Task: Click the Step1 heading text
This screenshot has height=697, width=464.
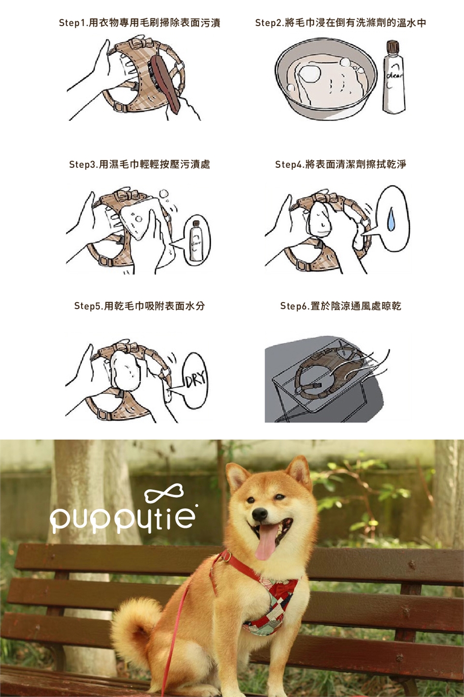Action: pos(140,23)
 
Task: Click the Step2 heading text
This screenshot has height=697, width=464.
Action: pos(341,23)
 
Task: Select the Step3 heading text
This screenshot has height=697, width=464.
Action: pos(140,164)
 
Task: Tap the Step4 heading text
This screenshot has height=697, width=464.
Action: pos(341,164)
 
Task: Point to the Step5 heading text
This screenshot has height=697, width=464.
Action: pos(140,306)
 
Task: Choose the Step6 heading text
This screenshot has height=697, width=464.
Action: pos(341,306)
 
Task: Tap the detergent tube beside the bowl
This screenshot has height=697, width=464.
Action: pos(394,76)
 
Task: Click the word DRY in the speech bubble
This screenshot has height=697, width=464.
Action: pos(196,379)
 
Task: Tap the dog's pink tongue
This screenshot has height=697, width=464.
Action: pos(265,543)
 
